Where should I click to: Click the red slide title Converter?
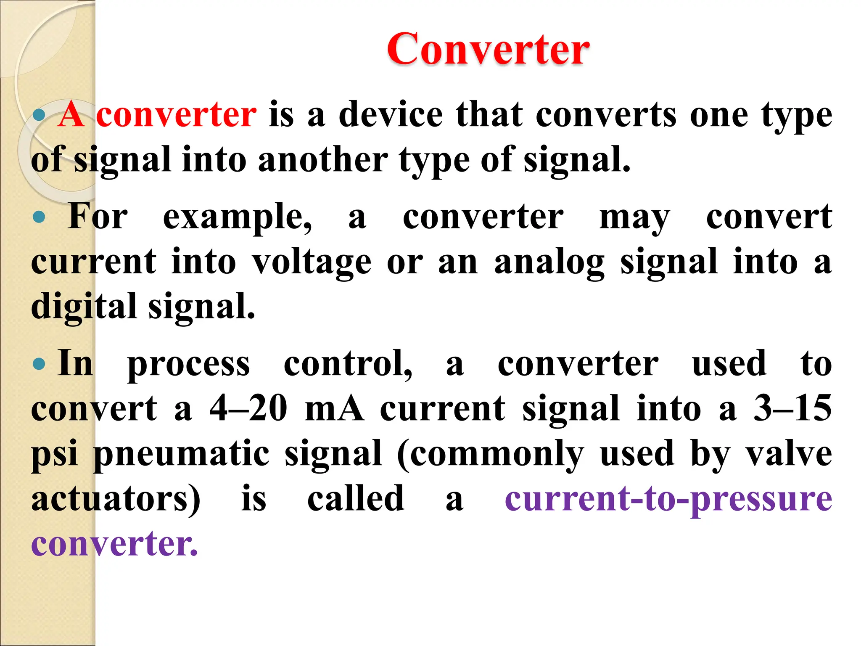(488, 50)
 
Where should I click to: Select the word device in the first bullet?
(391, 114)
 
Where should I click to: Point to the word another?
(323, 160)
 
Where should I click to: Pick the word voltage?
(312, 262)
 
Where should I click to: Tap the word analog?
(549, 262)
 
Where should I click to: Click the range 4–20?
(248, 408)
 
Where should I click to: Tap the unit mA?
(334, 408)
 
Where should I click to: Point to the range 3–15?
(792, 408)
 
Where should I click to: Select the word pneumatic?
(181, 454)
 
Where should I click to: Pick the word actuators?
(116, 499)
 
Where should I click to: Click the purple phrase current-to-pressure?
(668, 500)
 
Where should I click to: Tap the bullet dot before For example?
(39, 217)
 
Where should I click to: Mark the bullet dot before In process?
(39, 364)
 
